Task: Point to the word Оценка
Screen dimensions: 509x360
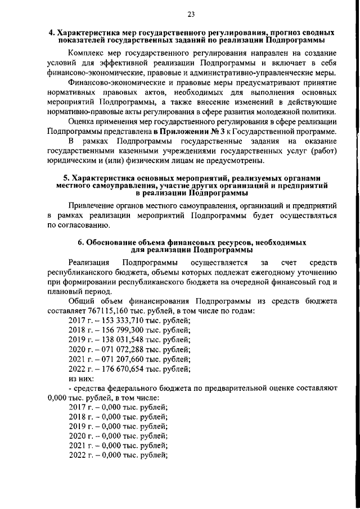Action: tap(82, 121)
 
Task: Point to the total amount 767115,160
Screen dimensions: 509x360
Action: tap(109, 311)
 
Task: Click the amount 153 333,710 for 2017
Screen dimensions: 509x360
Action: tap(115, 320)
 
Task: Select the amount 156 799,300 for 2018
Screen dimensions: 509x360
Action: tap(115, 330)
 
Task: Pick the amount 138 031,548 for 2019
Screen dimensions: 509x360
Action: tap(115, 340)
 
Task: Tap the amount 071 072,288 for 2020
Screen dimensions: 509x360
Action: tap(115, 350)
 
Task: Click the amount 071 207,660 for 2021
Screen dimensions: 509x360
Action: tap(115, 359)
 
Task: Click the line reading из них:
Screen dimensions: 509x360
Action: tap(79, 379)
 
